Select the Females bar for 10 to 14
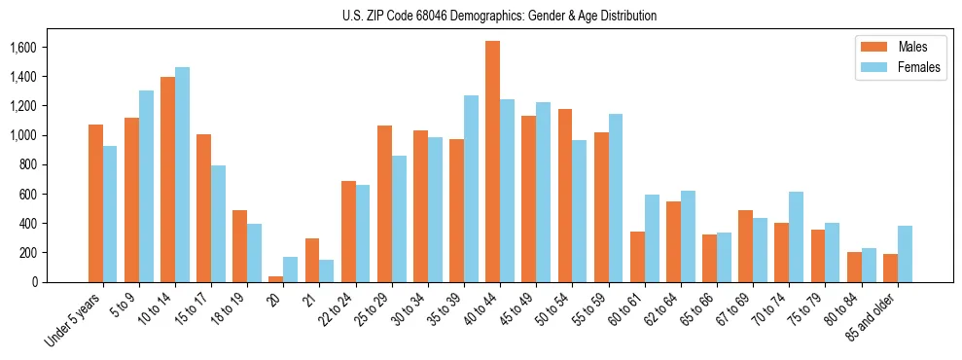coord(182,175)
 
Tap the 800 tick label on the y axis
coord(28,165)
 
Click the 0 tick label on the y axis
coord(36,282)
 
